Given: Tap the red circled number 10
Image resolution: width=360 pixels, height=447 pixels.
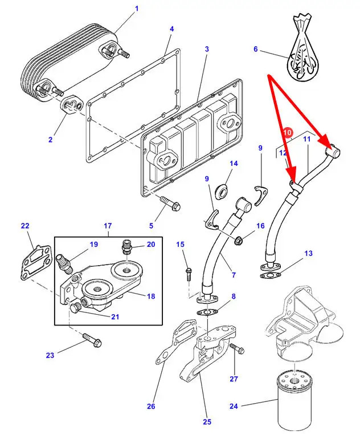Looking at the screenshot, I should click(x=288, y=132).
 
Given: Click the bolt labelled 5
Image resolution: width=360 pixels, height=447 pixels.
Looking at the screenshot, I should click(x=169, y=201).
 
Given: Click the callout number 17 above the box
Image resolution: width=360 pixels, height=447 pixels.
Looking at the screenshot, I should click(x=108, y=226).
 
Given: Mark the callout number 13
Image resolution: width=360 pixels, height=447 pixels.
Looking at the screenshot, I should click(x=308, y=253).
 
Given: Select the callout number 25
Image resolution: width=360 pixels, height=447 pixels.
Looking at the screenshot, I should click(x=207, y=422).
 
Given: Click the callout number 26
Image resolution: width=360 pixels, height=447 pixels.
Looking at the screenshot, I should click(x=151, y=407).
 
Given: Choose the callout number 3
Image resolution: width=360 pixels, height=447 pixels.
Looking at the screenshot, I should click(x=207, y=50).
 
